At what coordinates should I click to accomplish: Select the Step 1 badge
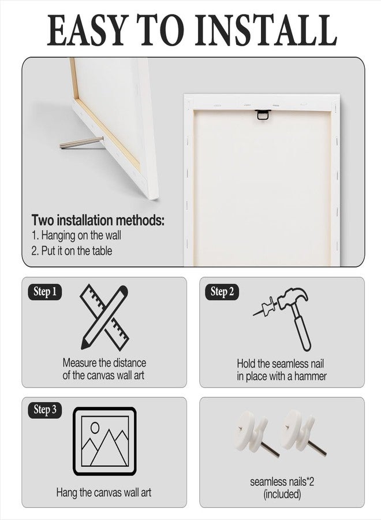[45, 292]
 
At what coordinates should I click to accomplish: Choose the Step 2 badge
[222, 292]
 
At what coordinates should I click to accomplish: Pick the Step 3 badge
[45, 410]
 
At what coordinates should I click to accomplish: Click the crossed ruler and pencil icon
[104, 317]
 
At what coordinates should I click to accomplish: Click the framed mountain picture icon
[104, 441]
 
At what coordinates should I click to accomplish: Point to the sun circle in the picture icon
[95, 428]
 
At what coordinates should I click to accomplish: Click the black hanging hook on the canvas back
[263, 114]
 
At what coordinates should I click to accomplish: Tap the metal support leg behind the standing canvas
[81, 143]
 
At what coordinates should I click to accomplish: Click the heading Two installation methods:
[98, 220]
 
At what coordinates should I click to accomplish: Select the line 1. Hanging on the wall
[76, 236]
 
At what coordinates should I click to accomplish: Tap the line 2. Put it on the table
[72, 250]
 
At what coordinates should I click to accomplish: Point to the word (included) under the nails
[282, 494]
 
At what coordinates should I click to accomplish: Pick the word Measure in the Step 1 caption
[79, 362]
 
